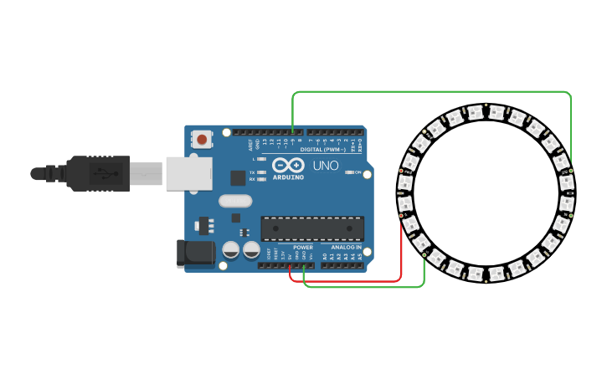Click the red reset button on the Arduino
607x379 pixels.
[203, 139]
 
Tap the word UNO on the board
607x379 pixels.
[326, 166]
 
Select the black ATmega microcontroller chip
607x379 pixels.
[312, 228]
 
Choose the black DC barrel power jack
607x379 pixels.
[192, 254]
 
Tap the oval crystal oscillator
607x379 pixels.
[235, 201]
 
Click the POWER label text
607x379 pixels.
[303, 248]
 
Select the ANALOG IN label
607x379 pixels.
[347, 248]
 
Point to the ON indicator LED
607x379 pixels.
[348, 172]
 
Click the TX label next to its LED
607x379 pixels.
[252, 172]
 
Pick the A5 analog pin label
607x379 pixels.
[361, 256]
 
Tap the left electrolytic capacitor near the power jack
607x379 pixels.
[230, 249]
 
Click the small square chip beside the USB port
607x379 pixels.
[238, 177]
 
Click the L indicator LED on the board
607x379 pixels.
[263, 159]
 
